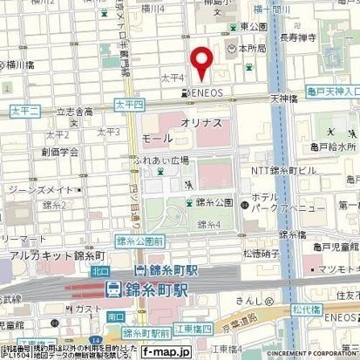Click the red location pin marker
click(201, 63)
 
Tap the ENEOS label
click(209, 92)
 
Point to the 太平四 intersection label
click(128, 104)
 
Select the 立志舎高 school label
click(75, 112)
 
